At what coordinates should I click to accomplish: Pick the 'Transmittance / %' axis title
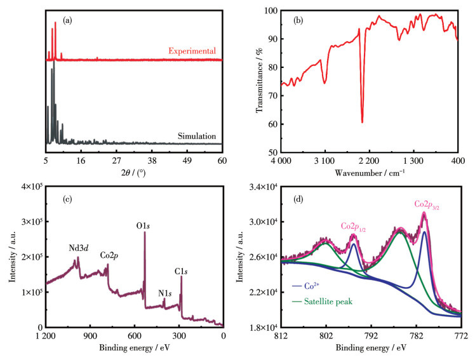point(258,81)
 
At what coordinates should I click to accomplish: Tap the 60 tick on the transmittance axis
point(272,124)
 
